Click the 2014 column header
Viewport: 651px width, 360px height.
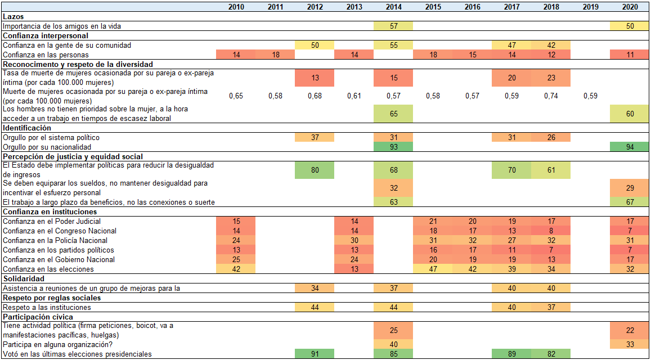(x=393, y=7)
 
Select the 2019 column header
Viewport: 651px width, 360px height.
(x=590, y=7)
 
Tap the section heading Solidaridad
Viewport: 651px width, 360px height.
(x=23, y=278)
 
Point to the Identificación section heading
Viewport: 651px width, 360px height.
(x=26, y=128)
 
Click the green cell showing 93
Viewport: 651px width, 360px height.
(x=393, y=147)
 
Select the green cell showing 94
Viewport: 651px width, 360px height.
(x=630, y=147)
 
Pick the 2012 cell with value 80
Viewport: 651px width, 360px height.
(x=315, y=170)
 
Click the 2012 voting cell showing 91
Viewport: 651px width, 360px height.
(x=315, y=354)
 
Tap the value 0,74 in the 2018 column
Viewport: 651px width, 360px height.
(x=551, y=96)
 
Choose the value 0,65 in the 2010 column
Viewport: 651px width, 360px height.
(x=236, y=96)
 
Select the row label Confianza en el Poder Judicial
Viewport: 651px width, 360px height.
(x=51, y=221)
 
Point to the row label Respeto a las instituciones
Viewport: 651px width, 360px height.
(x=47, y=307)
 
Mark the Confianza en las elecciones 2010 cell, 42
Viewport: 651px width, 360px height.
(x=236, y=269)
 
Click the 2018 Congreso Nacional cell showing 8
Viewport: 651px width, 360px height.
(x=551, y=231)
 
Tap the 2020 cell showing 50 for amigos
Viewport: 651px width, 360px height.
(x=630, y=26)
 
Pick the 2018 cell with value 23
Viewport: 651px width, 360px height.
(x=551, y=78)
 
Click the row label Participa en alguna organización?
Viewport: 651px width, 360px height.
(x=57, y=344)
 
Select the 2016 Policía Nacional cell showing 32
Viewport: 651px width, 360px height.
(x=472, y=240)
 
